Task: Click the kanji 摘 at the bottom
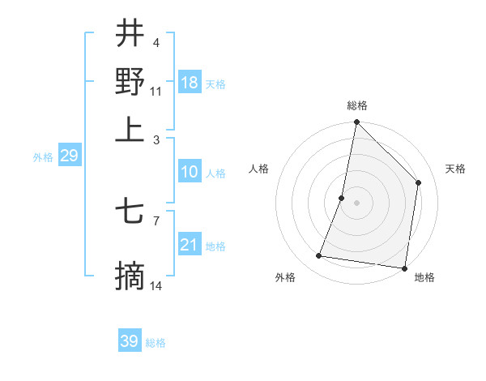click(130, 276)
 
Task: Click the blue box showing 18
click(190, 83)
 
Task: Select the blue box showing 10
click(190, 172)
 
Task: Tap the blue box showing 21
click(190, 245)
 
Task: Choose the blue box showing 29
click(69, 156)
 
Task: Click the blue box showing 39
click(130, 341)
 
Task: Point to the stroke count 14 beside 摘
click(157, 285)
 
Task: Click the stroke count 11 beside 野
click(156, 91)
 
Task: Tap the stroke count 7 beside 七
click(156, 219)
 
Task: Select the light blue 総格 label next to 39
click(156, 343)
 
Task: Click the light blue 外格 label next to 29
click(43, 157)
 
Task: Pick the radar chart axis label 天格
click(455, 169)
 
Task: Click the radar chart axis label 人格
click(259, 169)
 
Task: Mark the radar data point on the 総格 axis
click(356, 122)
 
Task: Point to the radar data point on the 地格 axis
click(403, 268)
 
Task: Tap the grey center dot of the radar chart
click(356, 203)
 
